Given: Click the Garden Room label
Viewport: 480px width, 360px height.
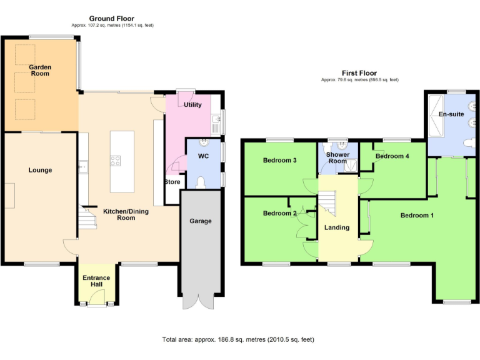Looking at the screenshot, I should pyautogui.click(x=41, y=70).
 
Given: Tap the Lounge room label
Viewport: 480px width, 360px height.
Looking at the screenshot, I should pyautogui.click(x=41, y=170).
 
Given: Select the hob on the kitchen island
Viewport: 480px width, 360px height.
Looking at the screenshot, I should pyautogui.click(x=116, y=161).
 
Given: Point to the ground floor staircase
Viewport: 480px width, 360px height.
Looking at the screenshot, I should pyautogui.click(x=84, y=219).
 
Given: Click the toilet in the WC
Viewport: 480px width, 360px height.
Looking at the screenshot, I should pyautogui.click(x=201, y=181).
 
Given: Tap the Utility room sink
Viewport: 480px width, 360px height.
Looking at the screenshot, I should pyautogui.click(x=215, y=119).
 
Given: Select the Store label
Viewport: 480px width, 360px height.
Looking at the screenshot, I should pyautogui.click(x=172, y=182).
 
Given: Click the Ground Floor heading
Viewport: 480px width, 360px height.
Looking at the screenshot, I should pyautogui.click(x=111, y=19).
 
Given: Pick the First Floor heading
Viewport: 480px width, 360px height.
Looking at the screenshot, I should pyautogui.click(x=359, y=73).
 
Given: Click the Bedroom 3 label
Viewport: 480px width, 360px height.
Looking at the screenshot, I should pyautogui.click(x=279, y=161).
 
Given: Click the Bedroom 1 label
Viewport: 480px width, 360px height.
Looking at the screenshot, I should pyautogui.click(x=417, y=216).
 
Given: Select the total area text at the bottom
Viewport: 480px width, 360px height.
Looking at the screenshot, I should pyautogui.click(x=238, y=340).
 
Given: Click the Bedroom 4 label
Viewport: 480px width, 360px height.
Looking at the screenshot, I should pyautogui.click(x=392, y=156).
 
